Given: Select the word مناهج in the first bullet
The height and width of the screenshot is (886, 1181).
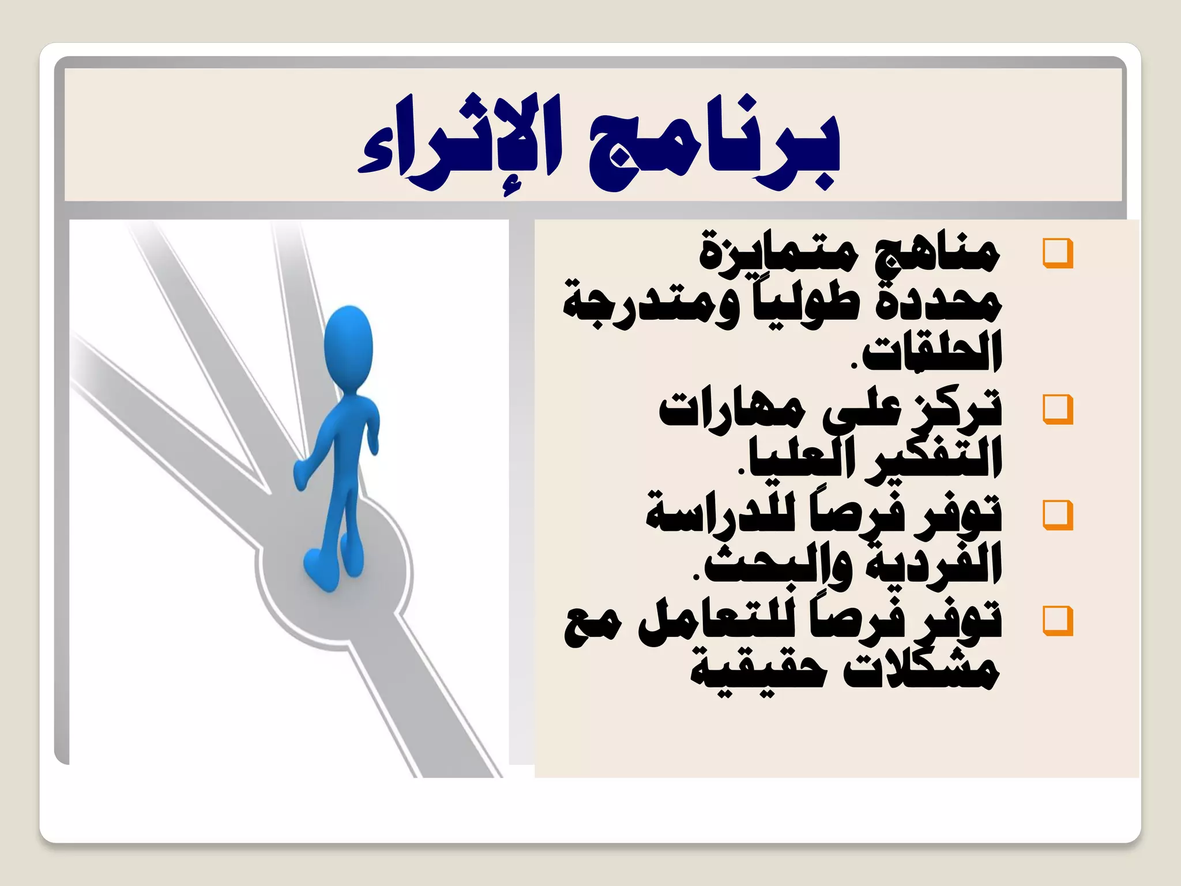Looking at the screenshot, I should [937, 254].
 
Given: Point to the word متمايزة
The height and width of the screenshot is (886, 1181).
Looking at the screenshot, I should [778, 254].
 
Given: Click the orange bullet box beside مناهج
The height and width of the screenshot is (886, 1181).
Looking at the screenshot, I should [1058, 253].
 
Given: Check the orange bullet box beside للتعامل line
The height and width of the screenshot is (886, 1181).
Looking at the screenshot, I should [1058, 621].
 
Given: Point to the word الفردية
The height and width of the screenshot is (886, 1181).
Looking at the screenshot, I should [934, 565].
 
